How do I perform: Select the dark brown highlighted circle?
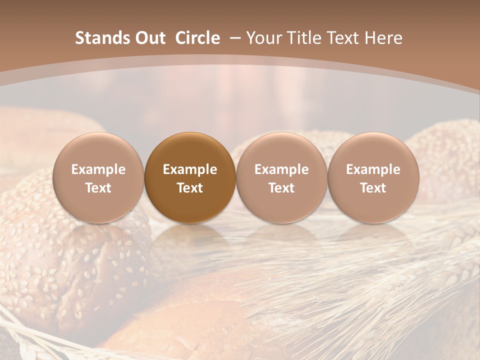(190, 177)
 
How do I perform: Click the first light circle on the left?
(98, 177)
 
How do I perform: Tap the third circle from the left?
(281, 177)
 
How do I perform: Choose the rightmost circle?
(373, 177)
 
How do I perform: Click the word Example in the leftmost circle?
(98, 169)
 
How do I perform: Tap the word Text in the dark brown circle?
(190, 188)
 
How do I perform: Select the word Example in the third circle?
(281, 169)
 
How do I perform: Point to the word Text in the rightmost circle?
(373, 188)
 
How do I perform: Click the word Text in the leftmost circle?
(98, 188)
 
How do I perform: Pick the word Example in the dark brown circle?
(190, 169)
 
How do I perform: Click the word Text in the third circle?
(281, 188)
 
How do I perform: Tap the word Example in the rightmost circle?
(373, 169)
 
